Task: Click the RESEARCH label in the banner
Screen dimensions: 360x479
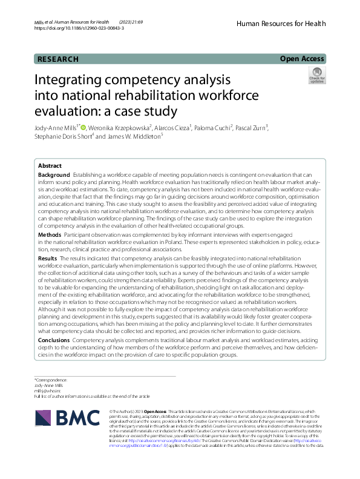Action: click(x=58, y=59)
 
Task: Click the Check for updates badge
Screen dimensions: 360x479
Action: click(x=316, y=76)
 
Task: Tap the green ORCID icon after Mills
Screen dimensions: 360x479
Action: click(x=83, y=127)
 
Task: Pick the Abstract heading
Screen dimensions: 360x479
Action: click(x=50, y=166)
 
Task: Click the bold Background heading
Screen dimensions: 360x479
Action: click(x=54, y=174)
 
